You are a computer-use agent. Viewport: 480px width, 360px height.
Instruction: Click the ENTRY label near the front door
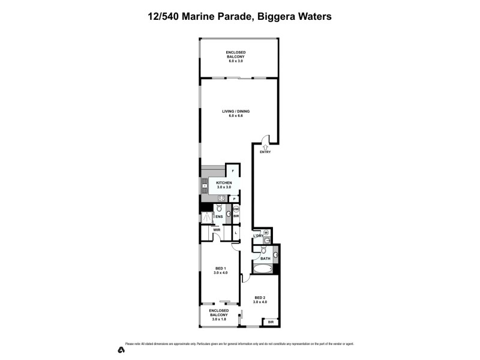click(265, 152)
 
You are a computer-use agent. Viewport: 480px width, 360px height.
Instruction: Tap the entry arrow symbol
click(265, 146)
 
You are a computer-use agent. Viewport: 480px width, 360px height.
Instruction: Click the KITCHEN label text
click(224, 184)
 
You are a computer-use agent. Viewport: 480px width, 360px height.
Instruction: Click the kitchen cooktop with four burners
click(221, 199)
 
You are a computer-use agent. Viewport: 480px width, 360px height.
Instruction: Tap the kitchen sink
click(205, 186)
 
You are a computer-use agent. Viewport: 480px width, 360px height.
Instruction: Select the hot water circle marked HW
click(236, 209)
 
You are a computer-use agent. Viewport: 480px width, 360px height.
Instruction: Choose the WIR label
click(216, 229)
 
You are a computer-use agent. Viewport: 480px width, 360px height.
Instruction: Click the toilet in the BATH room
click(275, 255)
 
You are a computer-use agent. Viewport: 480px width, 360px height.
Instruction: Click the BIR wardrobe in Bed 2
click(271, 322)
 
